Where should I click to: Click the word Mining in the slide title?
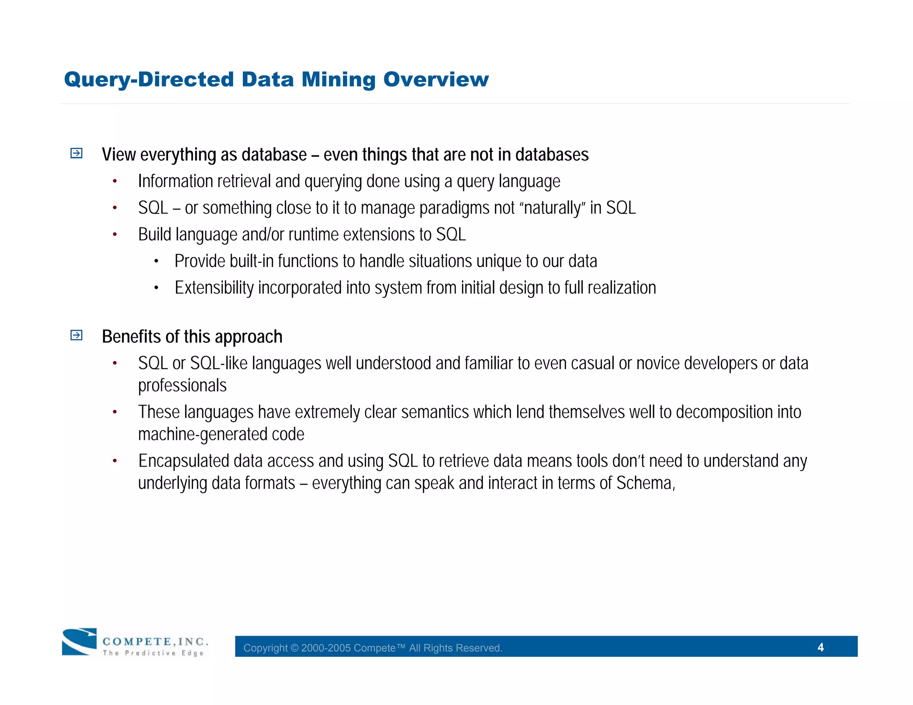coord(338,80)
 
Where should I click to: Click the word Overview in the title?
coord(436,80)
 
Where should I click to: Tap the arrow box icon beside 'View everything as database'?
coord(77,153)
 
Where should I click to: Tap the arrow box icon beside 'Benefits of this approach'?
coord(77,335)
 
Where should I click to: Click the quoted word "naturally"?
coord(552,208)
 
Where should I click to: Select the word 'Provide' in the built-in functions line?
coord(200,262)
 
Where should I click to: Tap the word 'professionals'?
coord(182,386)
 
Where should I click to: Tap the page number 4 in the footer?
coord(820,647)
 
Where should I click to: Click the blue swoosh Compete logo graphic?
coord(79,641)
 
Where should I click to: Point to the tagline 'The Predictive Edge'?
coord(153,653)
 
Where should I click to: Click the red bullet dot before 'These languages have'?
coord(115,412)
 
